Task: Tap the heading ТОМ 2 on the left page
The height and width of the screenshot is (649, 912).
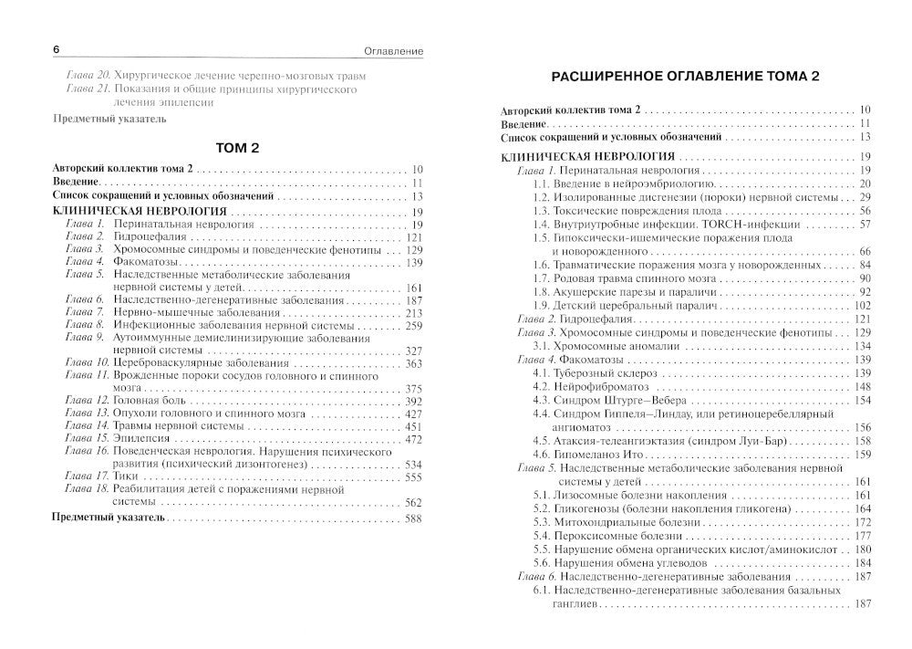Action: pyautogui.click(x=235, y=148)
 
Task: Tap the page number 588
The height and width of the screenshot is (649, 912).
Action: pyautogui.click(x=414, y=518)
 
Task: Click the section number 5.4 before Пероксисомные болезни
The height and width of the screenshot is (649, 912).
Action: pyautogui.click(x=542, y=535)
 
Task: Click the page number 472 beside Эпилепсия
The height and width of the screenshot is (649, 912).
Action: pyautogui.click(x=414, y=439)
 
